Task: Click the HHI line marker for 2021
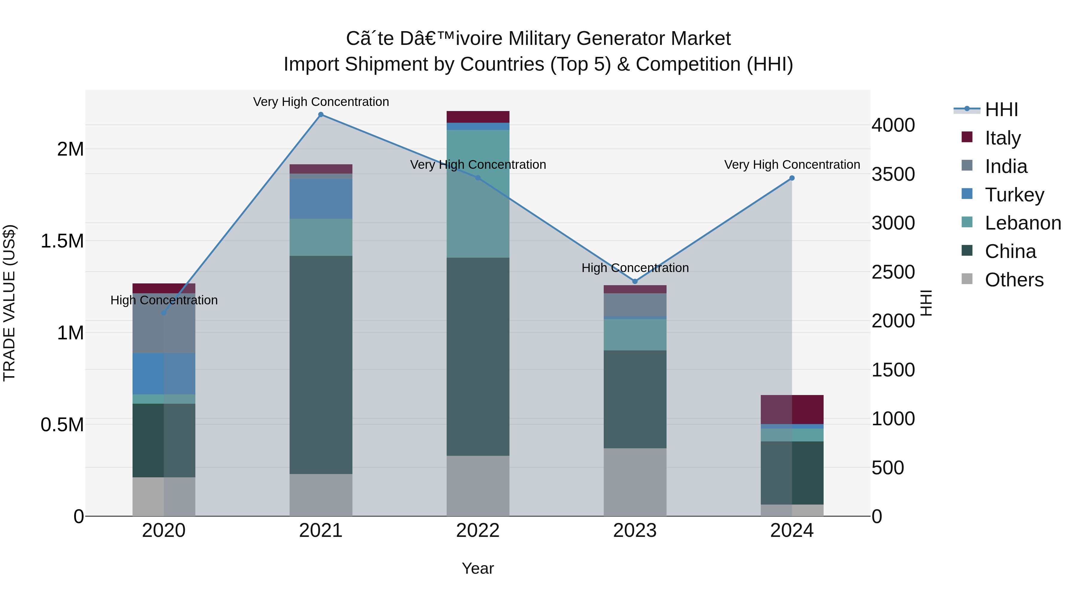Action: (321, 115)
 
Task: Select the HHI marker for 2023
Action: (635, 282)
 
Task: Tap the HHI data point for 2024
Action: (791, 178)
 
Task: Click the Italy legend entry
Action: (1003, 138)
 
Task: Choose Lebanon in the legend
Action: (1023, 223)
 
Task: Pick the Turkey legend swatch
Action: (967, 194)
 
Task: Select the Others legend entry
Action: (1014, 280)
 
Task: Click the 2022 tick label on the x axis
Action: (477, 531)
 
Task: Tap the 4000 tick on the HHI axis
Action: (893, 125)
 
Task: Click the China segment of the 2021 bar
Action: (321, 364)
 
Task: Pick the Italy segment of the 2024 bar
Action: (791, 409)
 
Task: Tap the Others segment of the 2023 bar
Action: (635, 482)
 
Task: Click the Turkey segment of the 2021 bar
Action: (321, 199)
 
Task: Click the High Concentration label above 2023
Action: (635, 268)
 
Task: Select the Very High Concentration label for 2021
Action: (321, 102)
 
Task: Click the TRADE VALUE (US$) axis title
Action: (9, 303)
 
